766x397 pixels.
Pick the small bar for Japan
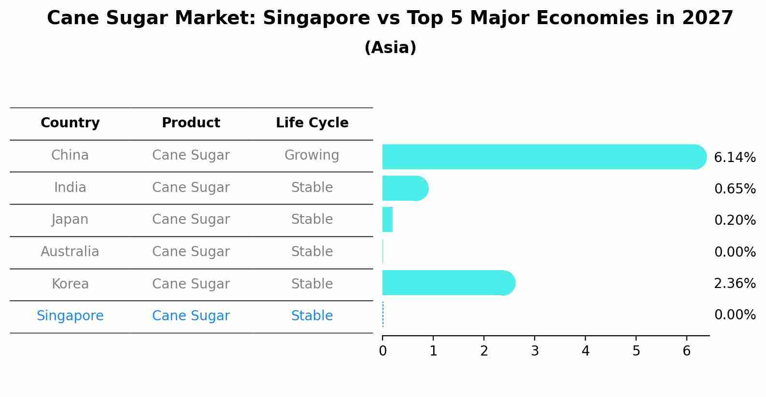(387, 219)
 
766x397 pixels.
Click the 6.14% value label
(735, 157)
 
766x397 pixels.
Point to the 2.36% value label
(735, 283)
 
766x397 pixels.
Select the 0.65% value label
(735, 189)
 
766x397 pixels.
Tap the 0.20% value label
(735, 220)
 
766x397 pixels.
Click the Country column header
(70, 123)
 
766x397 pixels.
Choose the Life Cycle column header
(312, 123)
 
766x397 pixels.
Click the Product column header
(191, 123)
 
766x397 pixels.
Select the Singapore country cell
(70, 316)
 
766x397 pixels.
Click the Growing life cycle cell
(312, 155)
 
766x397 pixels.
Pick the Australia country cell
(70, 252)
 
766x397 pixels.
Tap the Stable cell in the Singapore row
(312, 316)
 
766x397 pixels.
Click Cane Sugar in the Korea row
(191, 284)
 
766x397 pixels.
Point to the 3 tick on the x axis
(535, 351)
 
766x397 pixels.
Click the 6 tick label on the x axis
(687, 351)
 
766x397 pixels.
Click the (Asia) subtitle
(390, 48)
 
